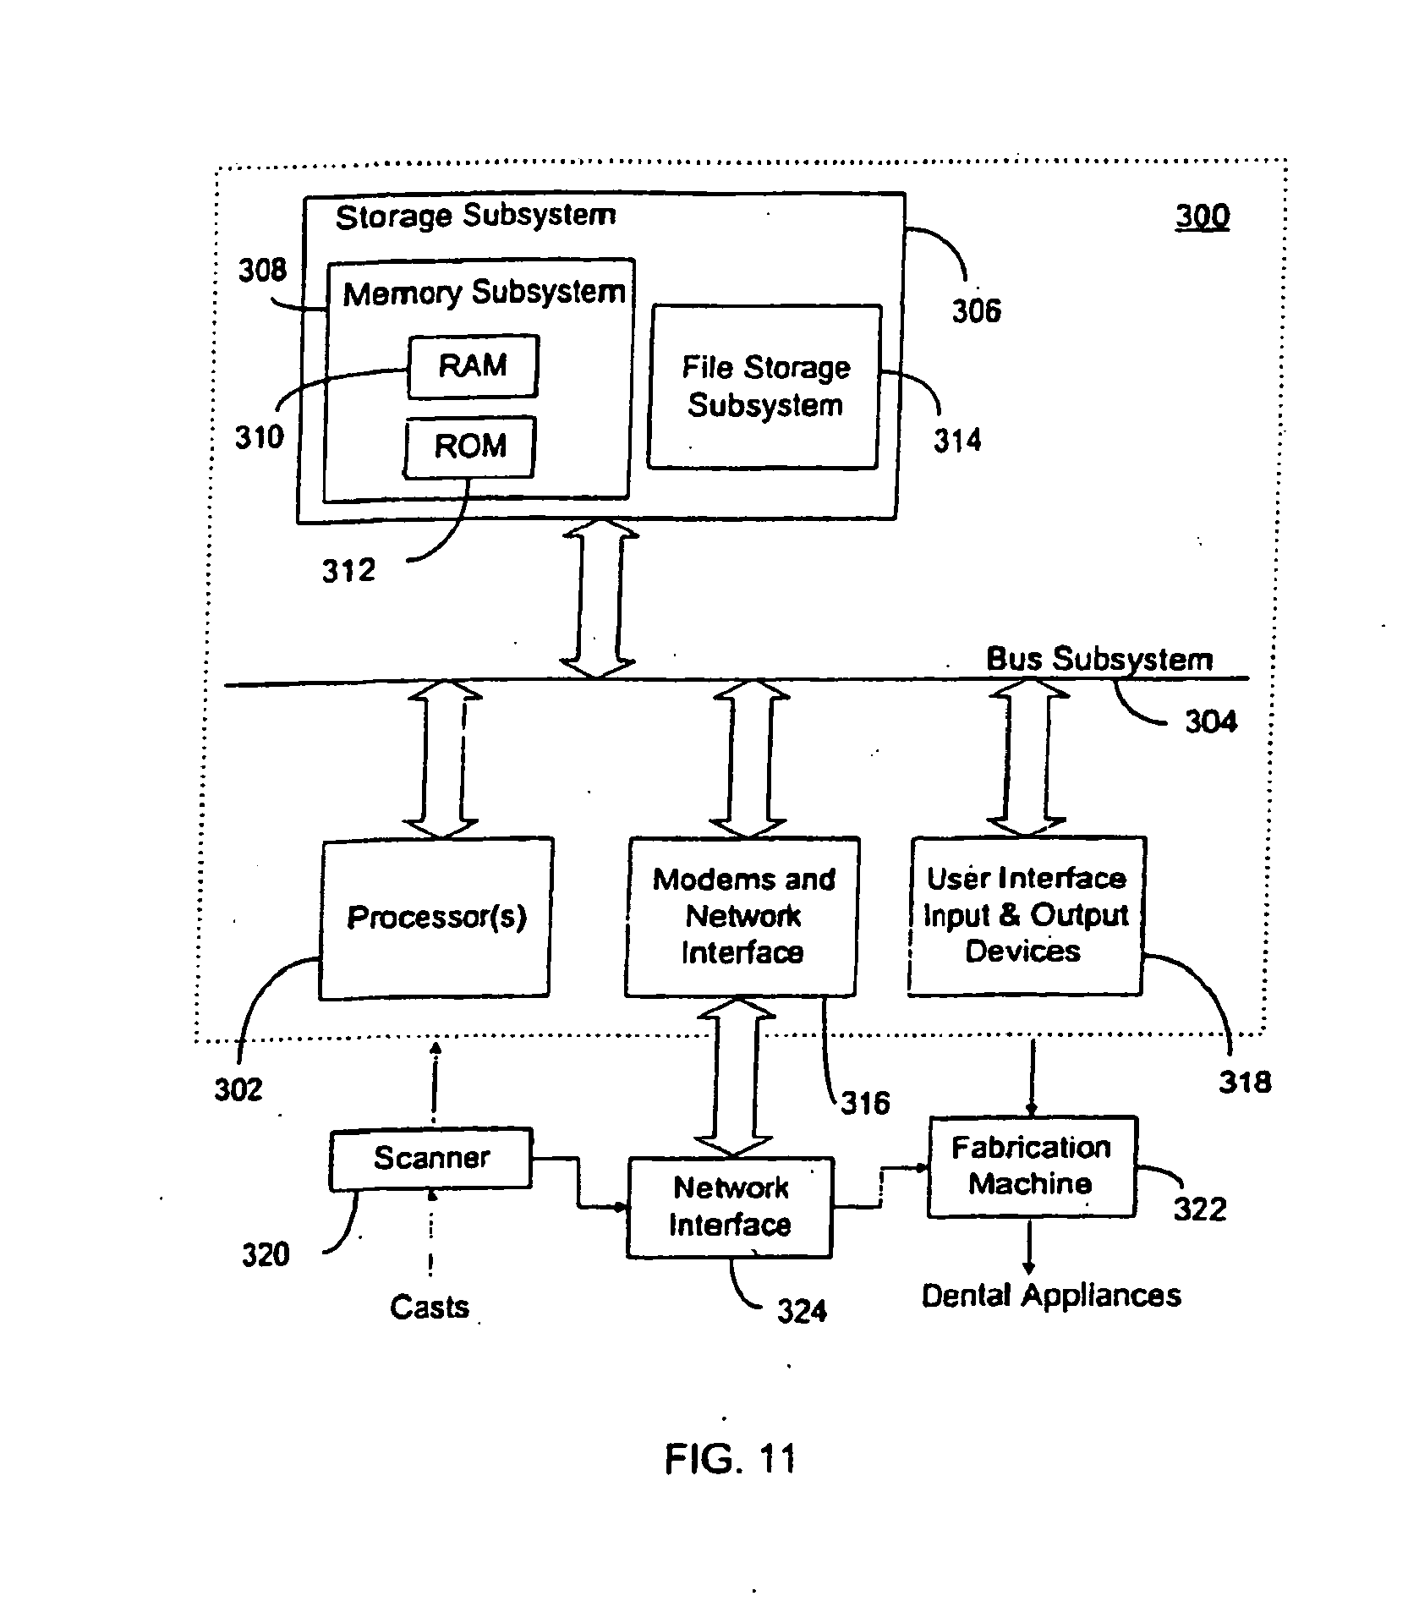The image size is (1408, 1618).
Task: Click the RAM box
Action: coord(472,366)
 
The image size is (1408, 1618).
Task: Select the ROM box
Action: coord(469,446)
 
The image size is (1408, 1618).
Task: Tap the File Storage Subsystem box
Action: coord(764,387)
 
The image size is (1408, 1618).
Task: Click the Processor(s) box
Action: coord(436,918)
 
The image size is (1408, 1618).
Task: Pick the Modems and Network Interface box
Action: coord(742,916)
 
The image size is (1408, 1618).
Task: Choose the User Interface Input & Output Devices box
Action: coord(1026,915)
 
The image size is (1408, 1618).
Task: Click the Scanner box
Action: coord(431,1158)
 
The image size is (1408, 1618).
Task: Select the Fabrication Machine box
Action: coord(1031,1166)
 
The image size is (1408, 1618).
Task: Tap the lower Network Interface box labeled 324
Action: coord(730,1207)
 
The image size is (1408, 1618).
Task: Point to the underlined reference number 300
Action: coord(1202,217)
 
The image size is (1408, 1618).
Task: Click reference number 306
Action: coord(976,311)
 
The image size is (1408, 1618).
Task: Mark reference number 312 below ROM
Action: coord(348,571)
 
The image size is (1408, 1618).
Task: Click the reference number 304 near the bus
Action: coord(1210,721)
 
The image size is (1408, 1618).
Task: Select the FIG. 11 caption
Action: coord(731,1458)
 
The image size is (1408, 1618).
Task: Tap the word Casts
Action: coord(430,1307)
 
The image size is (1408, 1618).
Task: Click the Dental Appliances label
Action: coord(1051,1296)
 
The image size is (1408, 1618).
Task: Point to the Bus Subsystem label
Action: coord(1099,659)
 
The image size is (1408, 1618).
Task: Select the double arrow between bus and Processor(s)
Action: coord(442,759)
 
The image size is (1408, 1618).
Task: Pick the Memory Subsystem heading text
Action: coord(484,293)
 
